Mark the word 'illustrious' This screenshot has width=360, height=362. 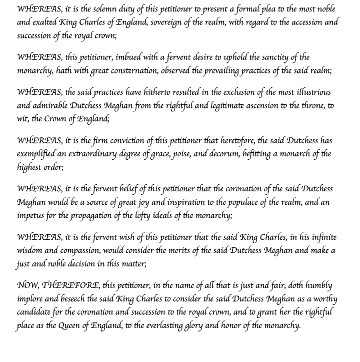[311, 92]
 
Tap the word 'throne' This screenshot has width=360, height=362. [313, 106]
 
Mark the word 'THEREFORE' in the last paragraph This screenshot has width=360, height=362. [70, 286]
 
